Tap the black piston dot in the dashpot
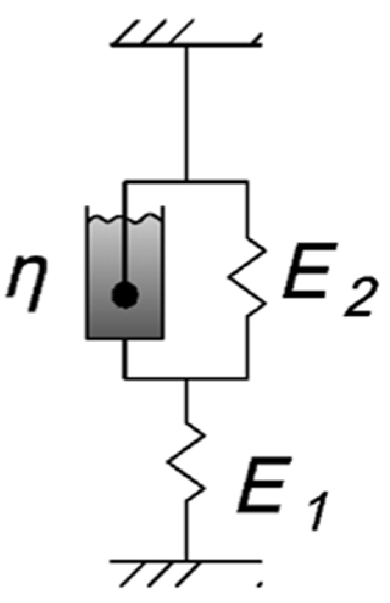[x=126, y=297]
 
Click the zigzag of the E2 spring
[x=247, y=277]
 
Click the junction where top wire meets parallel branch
[x=186, y=181]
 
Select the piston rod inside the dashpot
[x=126, y=250]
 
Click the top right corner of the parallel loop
[x=247, y=181]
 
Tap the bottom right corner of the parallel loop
[x=247, y=378]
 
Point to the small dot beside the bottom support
[x=260, y=586]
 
